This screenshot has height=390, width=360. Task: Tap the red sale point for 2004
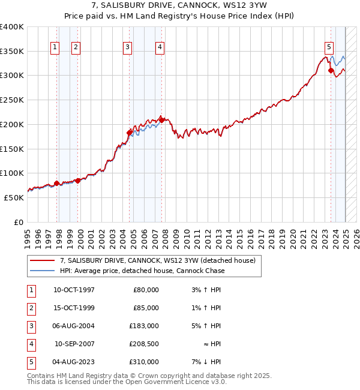[x=129, y=132]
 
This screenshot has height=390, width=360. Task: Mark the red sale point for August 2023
[x=331, y=71]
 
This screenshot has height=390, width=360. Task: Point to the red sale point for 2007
[x=162, y=120]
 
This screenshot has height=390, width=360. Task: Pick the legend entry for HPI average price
[x=142, y=271]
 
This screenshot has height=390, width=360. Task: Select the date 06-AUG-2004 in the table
[x=74, y=326]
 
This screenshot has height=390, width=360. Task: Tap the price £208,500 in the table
[x=144, y=344]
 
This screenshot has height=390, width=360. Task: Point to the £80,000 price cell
[x=146, y=290]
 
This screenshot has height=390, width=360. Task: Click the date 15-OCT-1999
[x=74, y=308]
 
